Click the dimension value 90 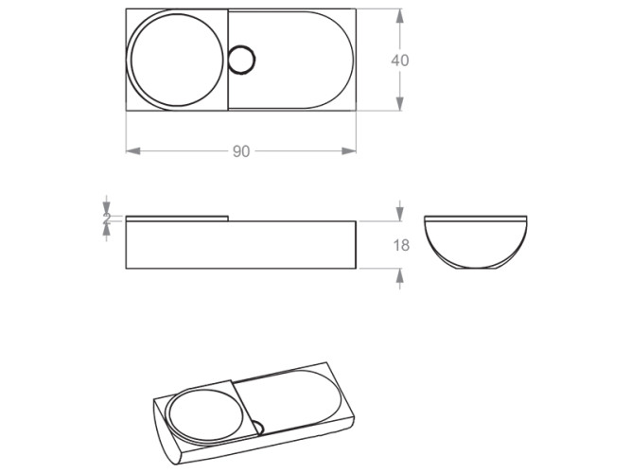[241, 151]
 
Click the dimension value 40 [400, 60]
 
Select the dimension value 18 [400, 245]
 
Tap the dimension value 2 [107, 218]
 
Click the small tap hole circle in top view [242, 60]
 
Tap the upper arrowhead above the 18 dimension [400, 215]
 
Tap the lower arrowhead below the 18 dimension [400, 275]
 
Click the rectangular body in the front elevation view [241, 245]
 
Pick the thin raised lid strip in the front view [177, 218]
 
